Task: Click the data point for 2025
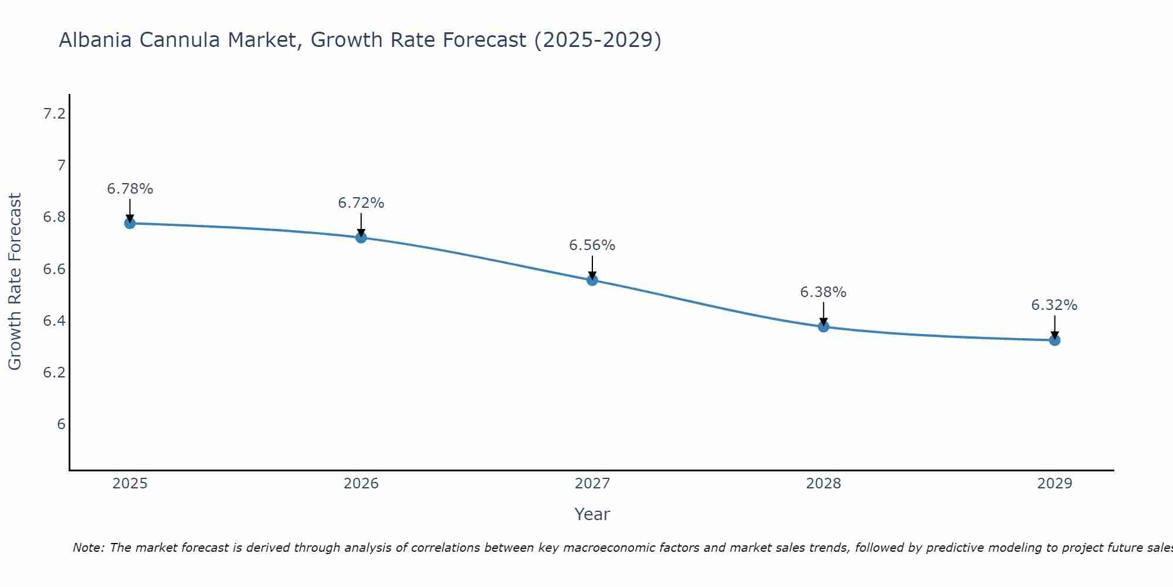click(130, 223)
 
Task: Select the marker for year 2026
click(361, 237)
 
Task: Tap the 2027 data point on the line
click(592, 280)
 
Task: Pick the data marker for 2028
click(823, 326)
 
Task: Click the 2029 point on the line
click(1054, 340)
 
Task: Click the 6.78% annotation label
click(130, 189)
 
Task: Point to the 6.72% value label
click(361, 203)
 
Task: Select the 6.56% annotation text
click(592, 245)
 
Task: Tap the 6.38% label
click(823, 292)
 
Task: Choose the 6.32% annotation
click(1054, 305)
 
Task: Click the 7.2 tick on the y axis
click(54, 114)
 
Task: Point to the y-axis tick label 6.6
click(54, 269)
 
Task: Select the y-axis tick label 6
click(61, 424)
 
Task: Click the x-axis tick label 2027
click(592, 484)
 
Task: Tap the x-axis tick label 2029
click(1054, 484)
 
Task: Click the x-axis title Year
click(592, 514)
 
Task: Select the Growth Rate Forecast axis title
click(15, 282)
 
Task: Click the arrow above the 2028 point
click(823, 313)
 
